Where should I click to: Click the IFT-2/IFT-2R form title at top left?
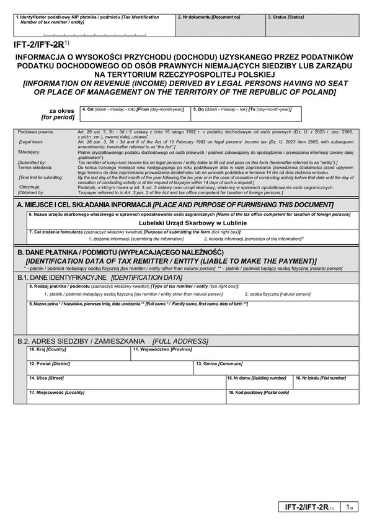38,44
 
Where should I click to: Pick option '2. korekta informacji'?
252,238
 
